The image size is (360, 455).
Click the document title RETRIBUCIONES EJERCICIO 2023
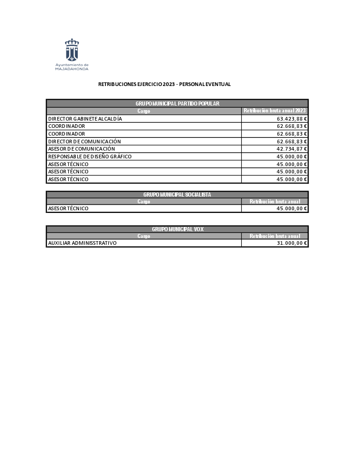point(165,84)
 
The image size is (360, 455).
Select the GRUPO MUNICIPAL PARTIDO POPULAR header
point(177,104)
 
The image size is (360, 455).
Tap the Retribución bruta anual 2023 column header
point(275,111)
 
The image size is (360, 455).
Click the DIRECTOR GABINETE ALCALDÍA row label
point(85,119)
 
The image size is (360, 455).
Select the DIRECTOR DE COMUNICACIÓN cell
point(85,142)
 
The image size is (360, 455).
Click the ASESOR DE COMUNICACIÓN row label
point(81,149)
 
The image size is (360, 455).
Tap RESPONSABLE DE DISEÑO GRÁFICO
point(90,157)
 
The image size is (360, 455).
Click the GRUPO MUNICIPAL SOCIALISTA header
point(177,194)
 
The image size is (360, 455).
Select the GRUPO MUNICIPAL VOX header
point(177,229)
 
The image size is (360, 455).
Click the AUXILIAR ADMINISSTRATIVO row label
point(82,243)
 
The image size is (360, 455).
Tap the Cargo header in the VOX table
point(144,236)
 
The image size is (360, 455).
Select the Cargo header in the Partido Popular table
point(144,111)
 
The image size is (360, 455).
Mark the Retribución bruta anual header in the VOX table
point(275,236)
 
